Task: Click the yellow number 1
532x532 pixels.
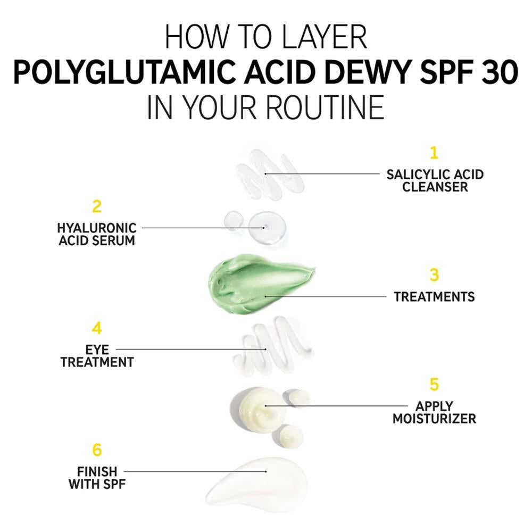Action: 434,153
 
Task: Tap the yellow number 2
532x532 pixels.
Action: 96,206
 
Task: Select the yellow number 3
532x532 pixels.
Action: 435,275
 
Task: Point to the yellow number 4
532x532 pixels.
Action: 96,328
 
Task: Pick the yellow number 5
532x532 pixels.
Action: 435,384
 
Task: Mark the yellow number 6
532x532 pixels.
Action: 96,450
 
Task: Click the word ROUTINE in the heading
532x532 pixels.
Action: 324,107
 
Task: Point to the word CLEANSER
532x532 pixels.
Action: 435,187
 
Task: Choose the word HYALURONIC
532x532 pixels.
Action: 97,228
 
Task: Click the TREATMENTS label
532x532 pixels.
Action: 435,296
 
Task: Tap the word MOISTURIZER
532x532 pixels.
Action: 435,419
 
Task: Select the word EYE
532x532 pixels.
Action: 97,350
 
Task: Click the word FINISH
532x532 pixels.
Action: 97,471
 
